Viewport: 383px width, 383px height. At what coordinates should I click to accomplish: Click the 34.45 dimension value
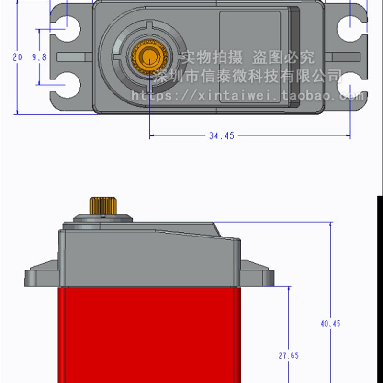coord(221,136)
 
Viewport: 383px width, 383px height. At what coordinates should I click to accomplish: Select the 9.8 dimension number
coord(39,57)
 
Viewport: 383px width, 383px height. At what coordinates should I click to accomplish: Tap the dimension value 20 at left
coord(17,57)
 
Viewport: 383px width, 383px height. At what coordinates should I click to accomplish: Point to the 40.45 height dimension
coord(330,324)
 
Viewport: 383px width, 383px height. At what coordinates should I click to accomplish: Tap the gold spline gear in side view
coord(101,205)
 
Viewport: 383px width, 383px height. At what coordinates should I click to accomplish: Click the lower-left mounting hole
coord(68,85)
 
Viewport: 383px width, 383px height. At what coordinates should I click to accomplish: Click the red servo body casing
coord(148,335)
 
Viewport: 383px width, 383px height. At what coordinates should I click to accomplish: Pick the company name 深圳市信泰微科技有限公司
coord(249,76)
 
